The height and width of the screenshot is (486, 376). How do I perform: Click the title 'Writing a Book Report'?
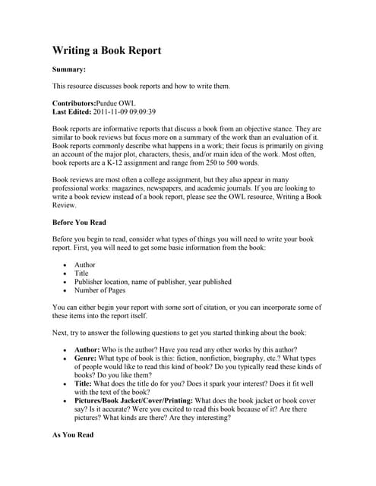pyautogui.click(x=106, y=51)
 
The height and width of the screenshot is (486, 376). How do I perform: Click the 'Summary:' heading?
pyautogui.click(x=68, y=70)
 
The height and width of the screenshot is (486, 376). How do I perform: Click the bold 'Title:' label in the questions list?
pyautogui.click(x=85, y=382)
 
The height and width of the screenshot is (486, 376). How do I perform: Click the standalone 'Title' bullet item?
pyautogui.click(x=82, y=273)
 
